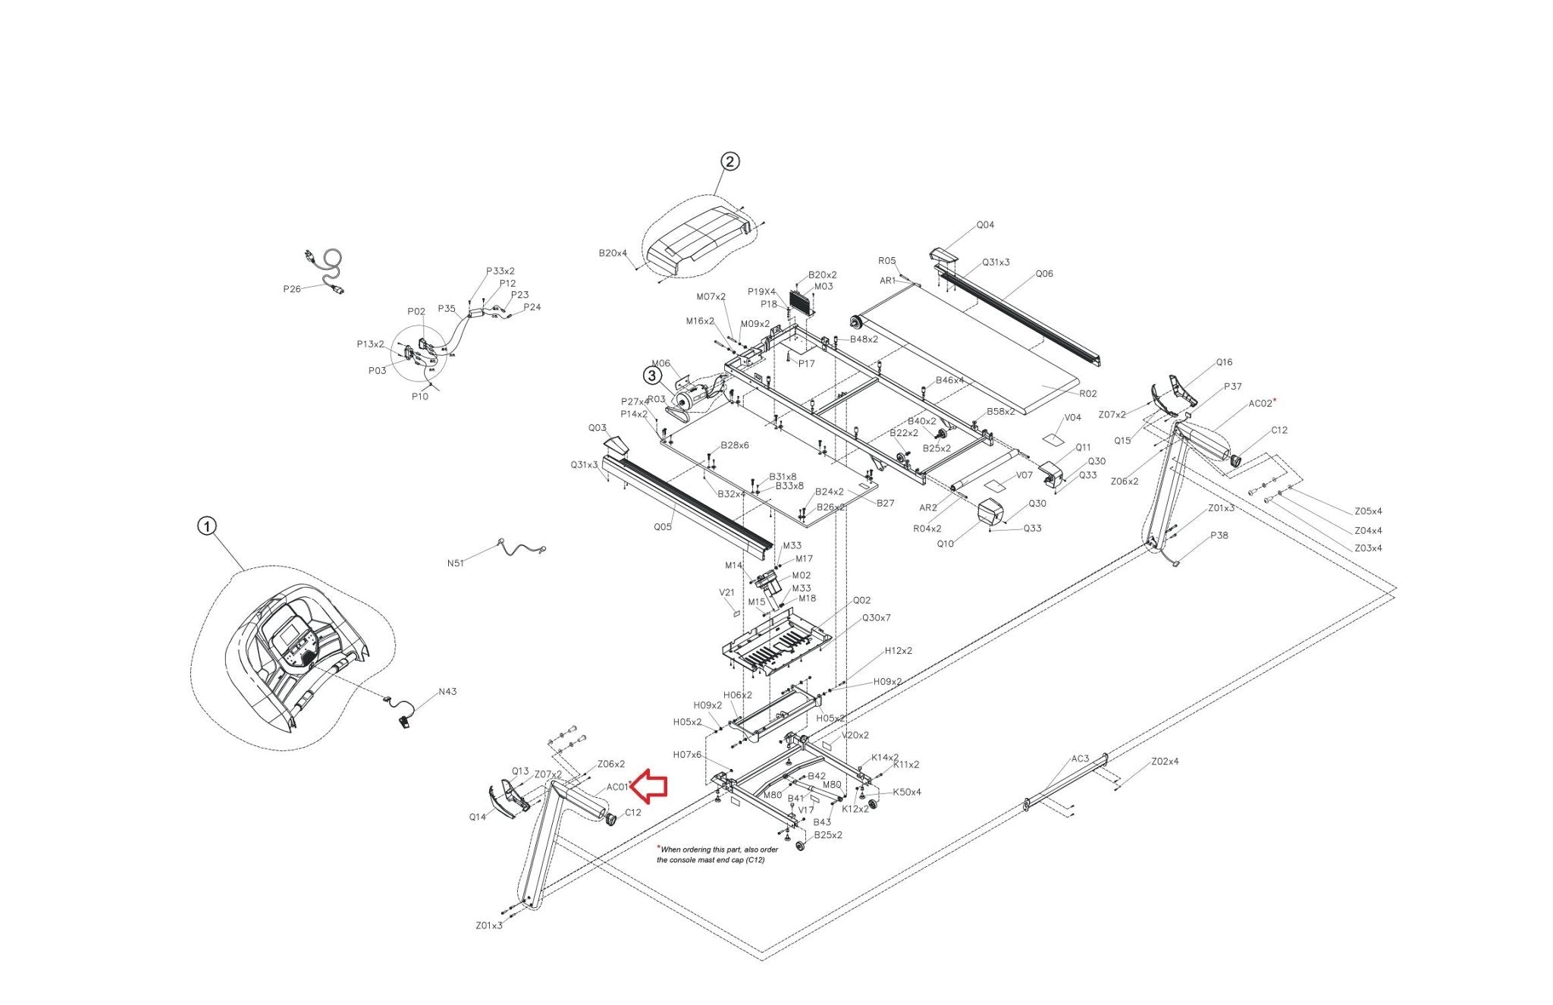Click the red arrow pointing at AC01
649,785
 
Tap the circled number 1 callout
207,526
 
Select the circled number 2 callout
729,161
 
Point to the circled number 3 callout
651,375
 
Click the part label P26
292,289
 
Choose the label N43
447,692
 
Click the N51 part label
456,563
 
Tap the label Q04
985,225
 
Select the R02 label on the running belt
1087,394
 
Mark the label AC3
1080,758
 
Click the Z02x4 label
1165,761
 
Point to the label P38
1219,535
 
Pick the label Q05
663,526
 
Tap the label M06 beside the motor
660,363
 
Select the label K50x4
907,792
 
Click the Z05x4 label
1368,511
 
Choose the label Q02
862,600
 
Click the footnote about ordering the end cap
717,855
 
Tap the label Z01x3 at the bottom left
489,925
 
